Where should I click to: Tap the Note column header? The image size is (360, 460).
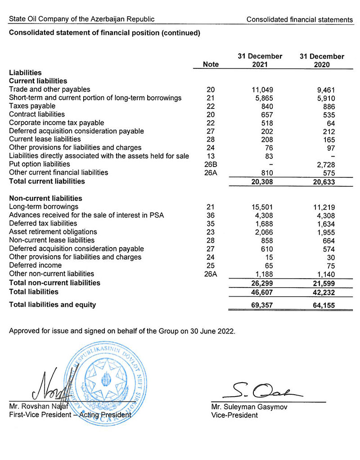[x=211, y=64]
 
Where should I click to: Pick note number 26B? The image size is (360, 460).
[x=211, y=164]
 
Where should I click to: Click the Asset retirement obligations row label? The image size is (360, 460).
[x=53, y=232]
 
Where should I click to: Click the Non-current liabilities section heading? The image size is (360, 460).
[x=46, y=198]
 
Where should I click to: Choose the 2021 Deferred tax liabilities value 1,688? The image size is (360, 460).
[x=263, y=224]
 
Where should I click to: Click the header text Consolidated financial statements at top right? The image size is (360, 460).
[x=300, y=19]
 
